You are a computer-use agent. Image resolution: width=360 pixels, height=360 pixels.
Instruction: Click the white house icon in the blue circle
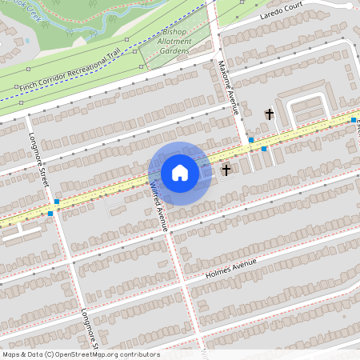180,173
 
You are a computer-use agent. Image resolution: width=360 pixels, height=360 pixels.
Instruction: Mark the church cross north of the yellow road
269,114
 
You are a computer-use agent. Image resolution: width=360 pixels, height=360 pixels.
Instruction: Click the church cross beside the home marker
226,170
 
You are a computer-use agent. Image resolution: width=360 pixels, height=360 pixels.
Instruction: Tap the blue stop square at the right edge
354,120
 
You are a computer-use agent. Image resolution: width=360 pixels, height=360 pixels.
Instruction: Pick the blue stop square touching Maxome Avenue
251,139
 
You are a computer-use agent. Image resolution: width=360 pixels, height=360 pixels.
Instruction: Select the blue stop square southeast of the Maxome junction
264,149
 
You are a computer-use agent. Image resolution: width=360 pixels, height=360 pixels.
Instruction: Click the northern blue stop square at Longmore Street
57,202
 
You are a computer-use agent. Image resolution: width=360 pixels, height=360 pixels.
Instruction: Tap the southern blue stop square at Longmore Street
50,214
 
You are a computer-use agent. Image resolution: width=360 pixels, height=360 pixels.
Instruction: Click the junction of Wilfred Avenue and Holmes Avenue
182,282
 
